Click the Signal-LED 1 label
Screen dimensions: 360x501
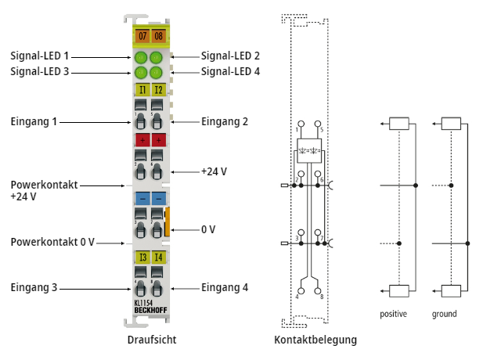pos(40,56)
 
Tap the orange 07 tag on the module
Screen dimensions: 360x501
pos(142,36)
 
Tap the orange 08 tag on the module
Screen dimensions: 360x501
pos(158,36)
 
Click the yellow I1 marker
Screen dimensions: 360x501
pos(142,90)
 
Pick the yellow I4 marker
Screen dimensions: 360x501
pos(158,257)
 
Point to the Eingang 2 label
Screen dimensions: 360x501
pos(225,121)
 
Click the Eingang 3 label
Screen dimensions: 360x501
pos(34,287)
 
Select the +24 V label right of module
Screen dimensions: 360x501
pos(214,171)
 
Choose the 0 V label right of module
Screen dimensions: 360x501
pos(208,229)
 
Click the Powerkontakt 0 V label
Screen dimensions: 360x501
pos(52,242)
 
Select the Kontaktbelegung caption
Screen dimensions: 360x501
pos(315,340)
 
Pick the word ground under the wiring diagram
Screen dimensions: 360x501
pos(444,314)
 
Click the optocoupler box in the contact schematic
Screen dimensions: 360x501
pos(309,149)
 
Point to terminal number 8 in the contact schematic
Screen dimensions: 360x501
pos(321,297)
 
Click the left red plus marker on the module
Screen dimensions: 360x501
pos(142,140)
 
